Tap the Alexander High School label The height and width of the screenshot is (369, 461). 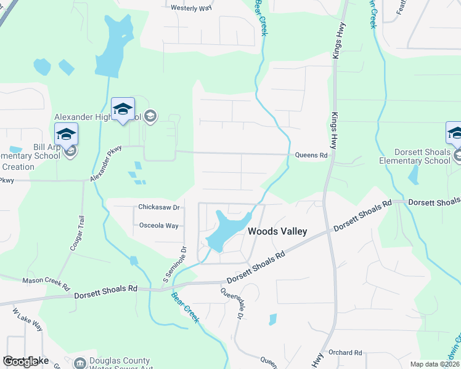click(97, 117)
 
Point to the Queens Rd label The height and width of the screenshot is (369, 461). click(311, 156)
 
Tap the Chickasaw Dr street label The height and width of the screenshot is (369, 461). click(158, 208)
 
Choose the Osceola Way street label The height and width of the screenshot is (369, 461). click(158, 226)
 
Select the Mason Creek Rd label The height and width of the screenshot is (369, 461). click(46, 280)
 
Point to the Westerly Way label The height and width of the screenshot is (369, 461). click(192, 8)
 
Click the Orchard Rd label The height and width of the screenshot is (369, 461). click(345, 352)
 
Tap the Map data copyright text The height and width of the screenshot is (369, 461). click(434, 364)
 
